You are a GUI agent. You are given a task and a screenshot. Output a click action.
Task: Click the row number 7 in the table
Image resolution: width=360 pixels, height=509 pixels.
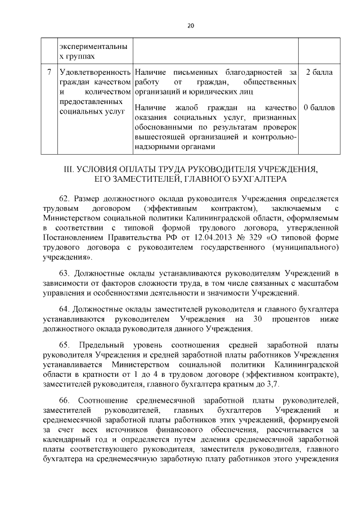(x=49, y=73)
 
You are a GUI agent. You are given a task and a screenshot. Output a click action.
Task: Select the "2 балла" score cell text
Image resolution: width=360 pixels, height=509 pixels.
(x=319, y=73)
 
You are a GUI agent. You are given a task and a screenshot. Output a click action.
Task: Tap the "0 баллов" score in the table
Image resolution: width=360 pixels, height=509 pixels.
(x=319, y=107)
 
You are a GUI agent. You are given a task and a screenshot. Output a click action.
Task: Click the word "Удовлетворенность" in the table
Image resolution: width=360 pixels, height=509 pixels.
(x=94, y=73)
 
